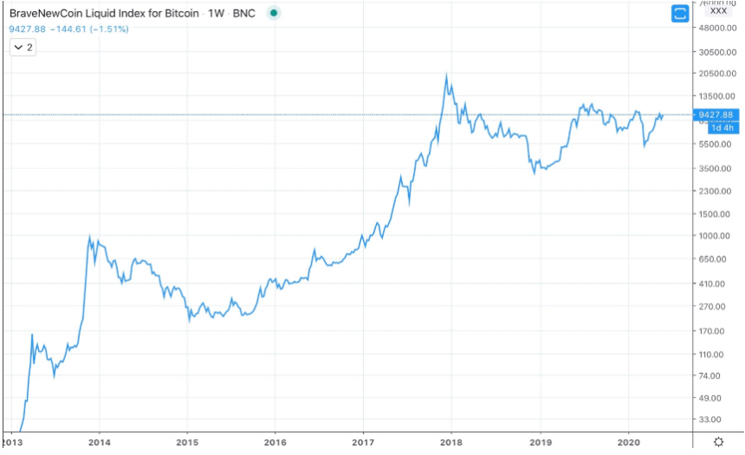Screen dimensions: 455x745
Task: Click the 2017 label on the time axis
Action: (x=364, y=441)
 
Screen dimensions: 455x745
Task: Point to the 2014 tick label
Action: (x=100, y=441)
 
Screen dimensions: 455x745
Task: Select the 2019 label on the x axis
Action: (x=541, y=441)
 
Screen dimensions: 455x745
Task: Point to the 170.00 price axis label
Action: (x=715, y=330)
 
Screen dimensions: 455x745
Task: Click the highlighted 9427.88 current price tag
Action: (x=721, y=114)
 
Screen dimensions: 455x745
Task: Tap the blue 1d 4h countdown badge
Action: (x=722, y=127)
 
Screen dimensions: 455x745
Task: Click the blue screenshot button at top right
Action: (x=680, y=13)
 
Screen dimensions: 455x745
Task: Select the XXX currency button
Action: (x=718, y=12)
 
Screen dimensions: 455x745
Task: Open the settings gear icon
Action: (x=718, y=441)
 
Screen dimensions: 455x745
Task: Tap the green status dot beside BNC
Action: (x=273, y=14)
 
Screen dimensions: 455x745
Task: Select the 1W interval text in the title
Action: (x=217, y=14)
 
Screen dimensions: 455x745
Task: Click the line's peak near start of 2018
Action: (x=446, y=75)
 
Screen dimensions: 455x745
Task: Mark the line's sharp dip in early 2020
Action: (x=644, y=146)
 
